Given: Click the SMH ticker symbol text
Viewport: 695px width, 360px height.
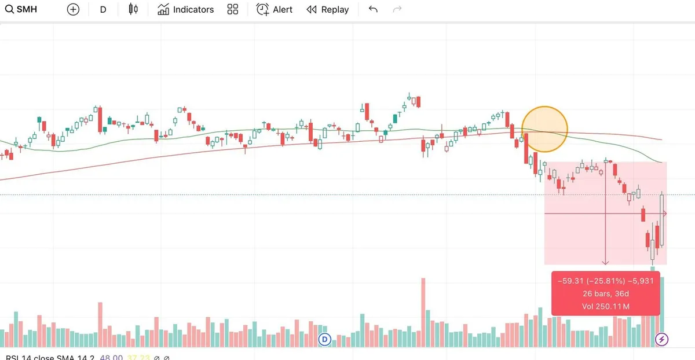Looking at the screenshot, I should [27, 10].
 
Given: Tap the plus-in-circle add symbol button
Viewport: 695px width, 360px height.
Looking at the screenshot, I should [73, 10].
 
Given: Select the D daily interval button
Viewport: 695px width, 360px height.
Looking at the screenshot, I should [103, 10].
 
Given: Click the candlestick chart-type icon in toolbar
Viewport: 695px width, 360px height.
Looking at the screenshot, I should [134, 10].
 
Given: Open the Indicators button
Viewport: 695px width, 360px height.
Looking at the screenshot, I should [185, 10].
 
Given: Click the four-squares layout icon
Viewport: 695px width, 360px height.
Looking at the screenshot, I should [233, 10].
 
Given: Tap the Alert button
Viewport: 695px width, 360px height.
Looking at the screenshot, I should [275, 10].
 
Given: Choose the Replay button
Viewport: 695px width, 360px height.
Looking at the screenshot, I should [328, 10].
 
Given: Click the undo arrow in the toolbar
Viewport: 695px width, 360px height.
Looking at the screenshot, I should [373, 10].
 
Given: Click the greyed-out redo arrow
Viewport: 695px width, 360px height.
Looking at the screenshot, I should [397, 10].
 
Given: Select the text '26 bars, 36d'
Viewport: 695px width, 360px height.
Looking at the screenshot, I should [606, 293].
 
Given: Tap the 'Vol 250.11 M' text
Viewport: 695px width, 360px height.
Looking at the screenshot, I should [606, 306].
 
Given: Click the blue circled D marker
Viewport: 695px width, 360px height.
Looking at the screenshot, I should [325, 339].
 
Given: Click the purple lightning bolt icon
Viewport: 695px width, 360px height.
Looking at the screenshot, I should [661, 339].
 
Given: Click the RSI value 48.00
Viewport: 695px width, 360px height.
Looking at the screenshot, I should [111, 357].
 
